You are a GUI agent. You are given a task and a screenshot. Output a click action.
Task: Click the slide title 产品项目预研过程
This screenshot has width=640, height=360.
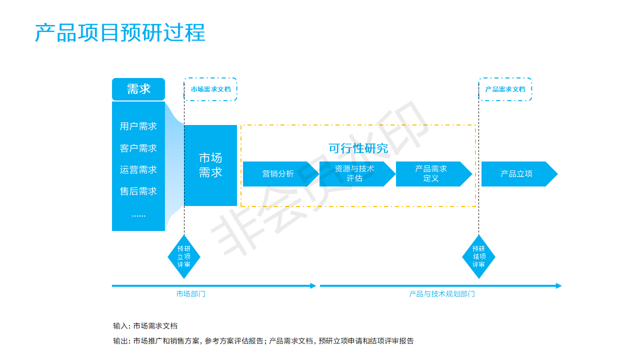click(x=120, y=32)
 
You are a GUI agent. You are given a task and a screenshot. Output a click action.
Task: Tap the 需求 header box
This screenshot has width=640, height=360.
click(x=138, y=89)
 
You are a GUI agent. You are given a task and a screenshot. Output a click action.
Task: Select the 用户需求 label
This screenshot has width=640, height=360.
click(x=138, y=126)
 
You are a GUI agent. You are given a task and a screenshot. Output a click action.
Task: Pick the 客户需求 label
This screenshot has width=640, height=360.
click(x=138, y=148)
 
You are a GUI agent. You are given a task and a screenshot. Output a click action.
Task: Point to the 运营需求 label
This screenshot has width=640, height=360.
click(x=138, y=169)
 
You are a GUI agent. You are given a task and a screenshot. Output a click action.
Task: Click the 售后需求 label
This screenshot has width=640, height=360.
click(x=138, y=191)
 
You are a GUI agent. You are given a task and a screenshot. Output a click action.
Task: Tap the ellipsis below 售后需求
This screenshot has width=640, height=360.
click(x=138, y=215)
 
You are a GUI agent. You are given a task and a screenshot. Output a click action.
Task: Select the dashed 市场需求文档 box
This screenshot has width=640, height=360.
click(x=210, y=89)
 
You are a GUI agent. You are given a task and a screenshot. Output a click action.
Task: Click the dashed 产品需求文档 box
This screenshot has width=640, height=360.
click(x=505, y=89)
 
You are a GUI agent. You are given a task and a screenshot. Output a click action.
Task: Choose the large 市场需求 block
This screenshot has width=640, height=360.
click(x=210, y=165)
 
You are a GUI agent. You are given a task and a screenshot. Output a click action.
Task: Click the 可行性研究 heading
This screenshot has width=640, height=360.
click(x=358, y=148)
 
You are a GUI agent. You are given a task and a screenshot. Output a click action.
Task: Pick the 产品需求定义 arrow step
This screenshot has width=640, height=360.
click(x=433, y=174)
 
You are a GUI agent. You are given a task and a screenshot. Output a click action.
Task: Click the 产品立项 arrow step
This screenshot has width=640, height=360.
click(x=519, y=174)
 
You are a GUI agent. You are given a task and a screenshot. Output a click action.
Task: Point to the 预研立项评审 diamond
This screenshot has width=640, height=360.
click(x=184, y=256)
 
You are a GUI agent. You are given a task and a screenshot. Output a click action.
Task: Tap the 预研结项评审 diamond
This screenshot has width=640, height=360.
click(x=479, y=256)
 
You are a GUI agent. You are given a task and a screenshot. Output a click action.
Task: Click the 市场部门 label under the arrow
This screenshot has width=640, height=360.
click(x=191, y=294)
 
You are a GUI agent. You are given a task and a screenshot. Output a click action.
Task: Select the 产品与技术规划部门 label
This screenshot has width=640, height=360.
click(x=442, y=294)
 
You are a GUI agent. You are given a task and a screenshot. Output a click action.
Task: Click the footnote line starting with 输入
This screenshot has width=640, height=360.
click(x=145, y=325)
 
